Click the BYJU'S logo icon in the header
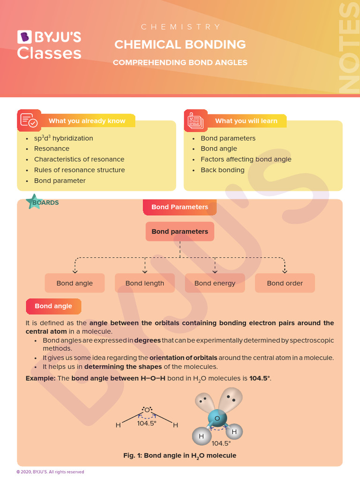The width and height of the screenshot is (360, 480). (x=24, y=37)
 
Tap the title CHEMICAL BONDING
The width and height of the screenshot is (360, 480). (x=180, y=45)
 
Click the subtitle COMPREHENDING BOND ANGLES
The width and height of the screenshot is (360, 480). (x=180, y=62)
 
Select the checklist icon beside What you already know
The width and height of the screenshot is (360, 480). (x=29, y=120)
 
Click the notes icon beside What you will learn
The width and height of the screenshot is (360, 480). (x=195, y=120)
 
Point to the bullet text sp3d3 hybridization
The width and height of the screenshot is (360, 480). (x=63, y=138)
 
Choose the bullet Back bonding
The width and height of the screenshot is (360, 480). (x=223, y=170)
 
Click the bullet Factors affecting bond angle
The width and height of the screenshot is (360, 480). (x=246, y=159)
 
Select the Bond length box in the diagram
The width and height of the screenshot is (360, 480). (x=145, y=283)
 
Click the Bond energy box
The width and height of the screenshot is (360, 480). (x=215, y=283)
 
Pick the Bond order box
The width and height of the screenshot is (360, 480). (x=285, y=283)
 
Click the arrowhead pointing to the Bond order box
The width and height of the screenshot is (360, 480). (x=285, y=271)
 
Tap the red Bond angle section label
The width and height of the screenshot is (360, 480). (x=53, y=306)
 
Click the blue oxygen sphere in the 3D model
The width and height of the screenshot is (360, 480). (x=217, y=418)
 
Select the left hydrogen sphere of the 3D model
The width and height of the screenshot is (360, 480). (x=202, y=436)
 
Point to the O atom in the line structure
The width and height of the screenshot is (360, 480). (x=147, y=410)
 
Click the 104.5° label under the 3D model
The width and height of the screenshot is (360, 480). (x=221, y=443)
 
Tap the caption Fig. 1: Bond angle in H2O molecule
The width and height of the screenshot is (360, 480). (x=180, y=456)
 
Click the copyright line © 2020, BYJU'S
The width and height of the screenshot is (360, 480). (x=50, y=472)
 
